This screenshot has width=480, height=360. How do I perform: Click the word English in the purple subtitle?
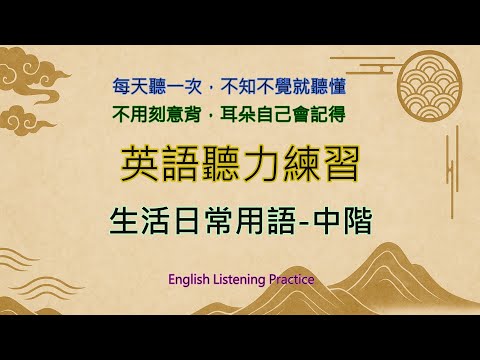(191, 280)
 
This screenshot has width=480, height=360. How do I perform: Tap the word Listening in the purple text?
(240, 280)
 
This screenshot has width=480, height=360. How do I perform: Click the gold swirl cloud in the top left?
(45, 66)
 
